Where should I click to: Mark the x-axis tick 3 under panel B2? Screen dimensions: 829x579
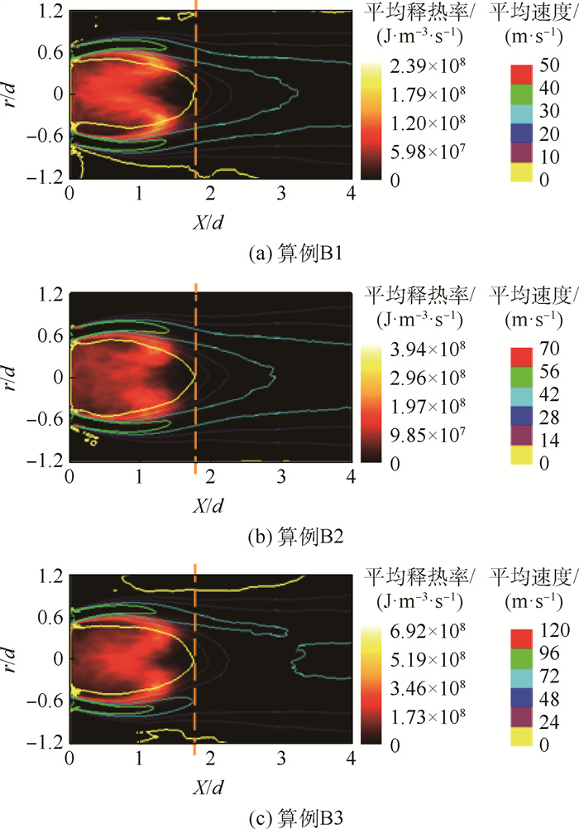click(x=281, y=479)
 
